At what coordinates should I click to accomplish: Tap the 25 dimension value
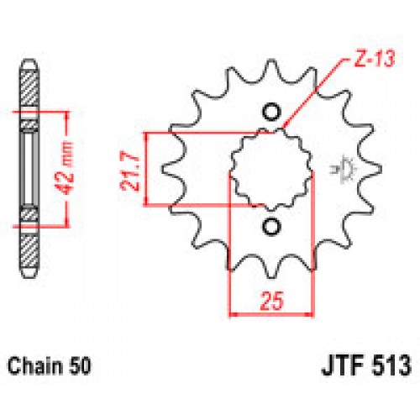[270, 298]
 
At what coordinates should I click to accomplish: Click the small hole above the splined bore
[271, 113]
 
